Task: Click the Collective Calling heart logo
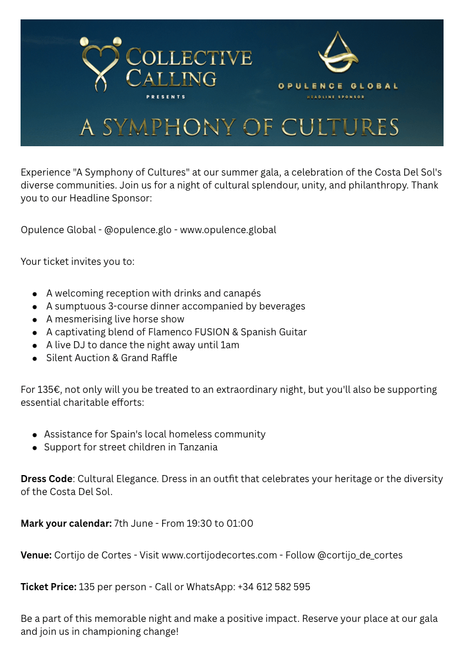click(x=100, y=63)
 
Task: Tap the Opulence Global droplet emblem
click(x=338, y=53)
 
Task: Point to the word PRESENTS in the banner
click(x=166, y=97)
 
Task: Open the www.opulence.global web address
click(x=228, y=230)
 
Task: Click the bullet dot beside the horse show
click(x=35, y=319)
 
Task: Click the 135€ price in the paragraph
click(x=51, y=389)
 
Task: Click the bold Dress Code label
click(x=46, y=479)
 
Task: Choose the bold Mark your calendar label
click(x=66, y=523)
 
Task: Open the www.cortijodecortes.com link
click(x=219, y=555)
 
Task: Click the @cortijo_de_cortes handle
click(x=360, y=555)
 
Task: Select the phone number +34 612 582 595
click(x=274, y=587)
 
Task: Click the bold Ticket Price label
click(x=48, y=587)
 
